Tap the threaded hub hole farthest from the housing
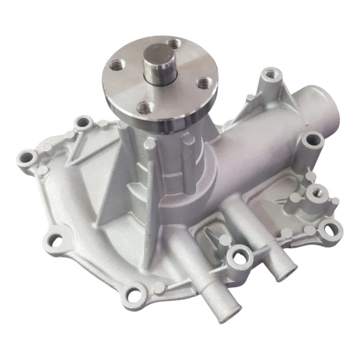174,43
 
